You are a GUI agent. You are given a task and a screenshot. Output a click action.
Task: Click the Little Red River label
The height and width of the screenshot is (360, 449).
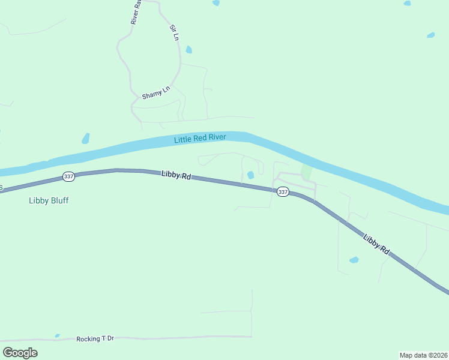(200, 139)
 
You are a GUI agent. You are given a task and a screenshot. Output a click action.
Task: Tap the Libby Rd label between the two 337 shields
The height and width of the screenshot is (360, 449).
(176, 176)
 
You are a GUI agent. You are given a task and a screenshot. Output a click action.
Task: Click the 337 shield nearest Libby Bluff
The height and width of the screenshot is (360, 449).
(68, 177)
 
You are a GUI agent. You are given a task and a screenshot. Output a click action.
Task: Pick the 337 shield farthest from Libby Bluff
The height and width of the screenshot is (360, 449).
(283, 192)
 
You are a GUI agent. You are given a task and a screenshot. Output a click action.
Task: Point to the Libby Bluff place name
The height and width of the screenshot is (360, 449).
(49, 200)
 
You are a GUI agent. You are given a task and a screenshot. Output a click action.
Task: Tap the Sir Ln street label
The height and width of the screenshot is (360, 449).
(175, 32)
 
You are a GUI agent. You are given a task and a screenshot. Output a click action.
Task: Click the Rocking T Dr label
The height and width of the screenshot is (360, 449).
(95, 339)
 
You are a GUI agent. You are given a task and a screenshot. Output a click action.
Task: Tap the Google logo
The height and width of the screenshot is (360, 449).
(20, 353)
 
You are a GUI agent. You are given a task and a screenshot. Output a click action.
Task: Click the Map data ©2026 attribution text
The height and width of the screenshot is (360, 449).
(423, 355)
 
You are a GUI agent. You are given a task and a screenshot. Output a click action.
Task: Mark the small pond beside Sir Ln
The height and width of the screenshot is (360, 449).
(189, 50)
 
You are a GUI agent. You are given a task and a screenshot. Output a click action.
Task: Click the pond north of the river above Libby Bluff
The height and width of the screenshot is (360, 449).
(86, 139)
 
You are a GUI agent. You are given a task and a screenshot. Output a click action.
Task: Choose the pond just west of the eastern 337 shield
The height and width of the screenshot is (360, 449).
(250, 175)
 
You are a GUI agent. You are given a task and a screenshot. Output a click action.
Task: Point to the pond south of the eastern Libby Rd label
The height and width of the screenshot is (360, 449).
(354, 260)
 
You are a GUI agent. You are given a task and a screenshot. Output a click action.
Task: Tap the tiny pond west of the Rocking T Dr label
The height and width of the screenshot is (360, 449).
(57, 335)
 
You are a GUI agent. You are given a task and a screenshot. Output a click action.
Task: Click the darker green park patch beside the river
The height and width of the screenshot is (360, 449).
(307, 173)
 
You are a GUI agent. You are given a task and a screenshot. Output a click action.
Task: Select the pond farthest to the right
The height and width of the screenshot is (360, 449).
(430, 35)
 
